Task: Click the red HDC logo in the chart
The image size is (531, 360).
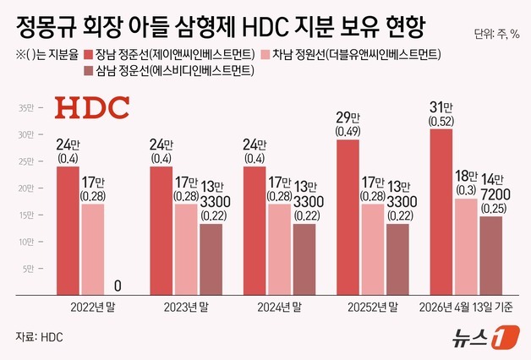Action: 92,109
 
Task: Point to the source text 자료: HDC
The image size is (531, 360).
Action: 40,337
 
